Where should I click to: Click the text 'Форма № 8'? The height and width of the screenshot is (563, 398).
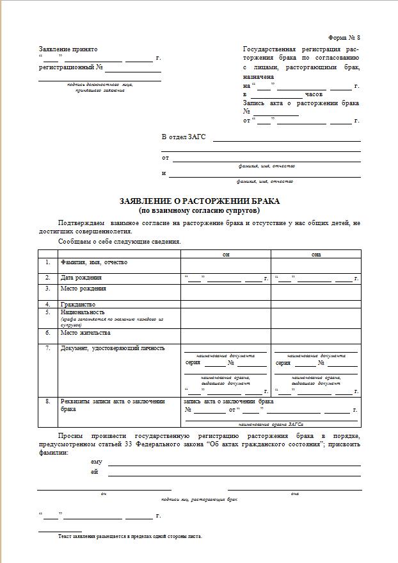tap(345, 38)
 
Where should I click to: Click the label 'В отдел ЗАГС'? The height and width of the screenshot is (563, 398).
tap(181, 137)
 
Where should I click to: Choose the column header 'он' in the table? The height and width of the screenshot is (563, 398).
tap(226, 255)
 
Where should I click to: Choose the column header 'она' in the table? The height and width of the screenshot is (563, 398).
tap(316, 255)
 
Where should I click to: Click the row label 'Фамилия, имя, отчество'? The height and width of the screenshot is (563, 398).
tap(94, 262)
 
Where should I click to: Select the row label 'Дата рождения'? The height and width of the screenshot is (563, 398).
tap(81, 278)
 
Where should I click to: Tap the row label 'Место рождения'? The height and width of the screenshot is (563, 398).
tap(83, 289)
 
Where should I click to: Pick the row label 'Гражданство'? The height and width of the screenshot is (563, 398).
tap(78, 304)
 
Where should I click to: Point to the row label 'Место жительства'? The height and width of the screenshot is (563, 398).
tap(86, 333)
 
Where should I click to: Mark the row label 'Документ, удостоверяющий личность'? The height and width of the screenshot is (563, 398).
tap(113, 348)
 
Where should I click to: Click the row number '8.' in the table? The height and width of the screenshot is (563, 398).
tap(47, 401)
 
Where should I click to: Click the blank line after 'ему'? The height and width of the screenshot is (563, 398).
tap(234, 463)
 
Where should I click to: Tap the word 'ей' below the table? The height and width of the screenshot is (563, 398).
tap(95, 472)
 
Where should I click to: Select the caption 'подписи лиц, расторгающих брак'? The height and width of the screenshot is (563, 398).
tap(199, 498)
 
